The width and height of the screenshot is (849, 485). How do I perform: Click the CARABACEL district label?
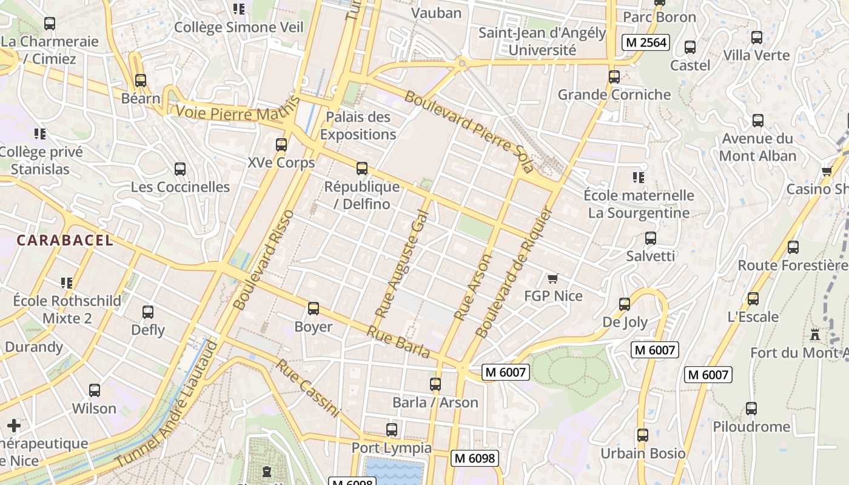click(x=65, y=240)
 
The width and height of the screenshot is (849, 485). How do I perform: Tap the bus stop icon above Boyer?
click(x=314, y=309)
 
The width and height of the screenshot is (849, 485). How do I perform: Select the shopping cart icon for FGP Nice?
click(x=552, y=279)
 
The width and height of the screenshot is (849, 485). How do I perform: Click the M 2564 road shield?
click(x=645, y=42)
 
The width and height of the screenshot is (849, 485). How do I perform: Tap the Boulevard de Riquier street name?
click(x=515, y=272)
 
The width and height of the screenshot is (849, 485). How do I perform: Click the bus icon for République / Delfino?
click(x=362, y=169)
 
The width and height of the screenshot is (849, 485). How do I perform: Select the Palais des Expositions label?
click(x=358, y=125)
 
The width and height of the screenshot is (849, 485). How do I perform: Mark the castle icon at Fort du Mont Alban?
click(x=815, y=335)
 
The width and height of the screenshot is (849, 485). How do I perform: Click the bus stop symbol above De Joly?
click(x=625, y=304)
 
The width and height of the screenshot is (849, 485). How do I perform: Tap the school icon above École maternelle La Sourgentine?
click(x=638, y=178)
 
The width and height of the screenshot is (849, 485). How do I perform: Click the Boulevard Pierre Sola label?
click(x=470, y=132)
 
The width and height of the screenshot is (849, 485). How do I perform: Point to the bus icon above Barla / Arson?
click(x=435, y=384)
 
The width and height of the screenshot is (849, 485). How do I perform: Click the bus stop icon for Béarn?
click(x=141, y=81)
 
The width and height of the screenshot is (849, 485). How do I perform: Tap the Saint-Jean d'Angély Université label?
click(x=542, y=41)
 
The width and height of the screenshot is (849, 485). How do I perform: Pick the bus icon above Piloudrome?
click(x=751, y=409)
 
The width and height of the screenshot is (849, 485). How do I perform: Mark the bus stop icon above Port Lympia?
click(x=392, y=430)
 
